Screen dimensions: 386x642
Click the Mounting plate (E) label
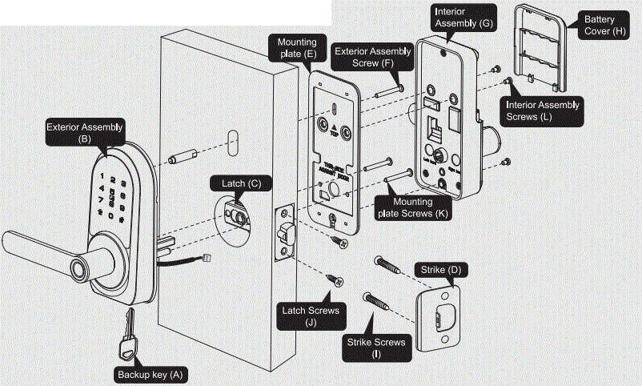[297, 47]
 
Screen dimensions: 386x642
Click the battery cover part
[540, 48]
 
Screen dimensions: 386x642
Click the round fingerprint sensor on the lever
[78, 270]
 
